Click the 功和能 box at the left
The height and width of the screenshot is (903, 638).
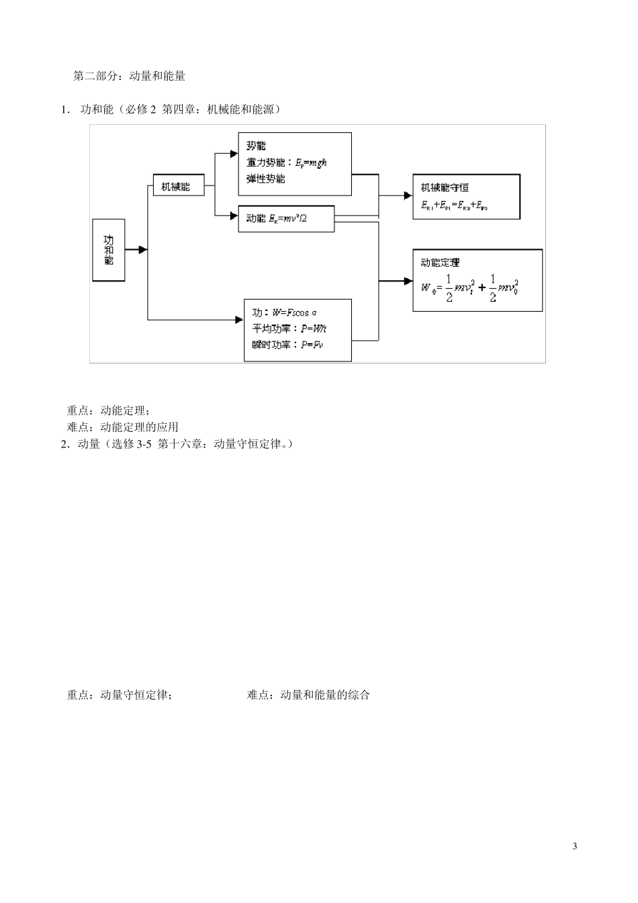[x=108, y=250]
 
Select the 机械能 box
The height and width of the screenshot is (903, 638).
[x=178, y=187]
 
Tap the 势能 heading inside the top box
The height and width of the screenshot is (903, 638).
[x=256, y=146]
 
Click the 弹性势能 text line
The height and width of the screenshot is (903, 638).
[x=266, y=179]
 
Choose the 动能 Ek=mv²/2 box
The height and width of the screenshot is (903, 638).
[x=286, y=219]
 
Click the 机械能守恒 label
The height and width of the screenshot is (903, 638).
[x=445, y=187]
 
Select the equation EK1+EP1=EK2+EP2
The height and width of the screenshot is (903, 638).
[x=454, y=205]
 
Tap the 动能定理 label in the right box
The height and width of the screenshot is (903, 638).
[x=441, y=263]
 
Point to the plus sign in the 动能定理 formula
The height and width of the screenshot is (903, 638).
[x=482, y=288]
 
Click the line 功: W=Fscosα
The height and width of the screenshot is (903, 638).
[x=285, y=313]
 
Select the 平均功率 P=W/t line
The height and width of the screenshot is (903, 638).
[x=289, y=329]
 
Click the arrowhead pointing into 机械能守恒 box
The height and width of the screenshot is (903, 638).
[x=408, y=196]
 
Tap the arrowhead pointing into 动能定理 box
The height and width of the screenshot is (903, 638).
[x=408, y=280]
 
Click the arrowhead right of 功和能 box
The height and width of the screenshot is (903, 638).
[x=142, y=250]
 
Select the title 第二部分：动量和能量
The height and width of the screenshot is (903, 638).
[x=129, y=76]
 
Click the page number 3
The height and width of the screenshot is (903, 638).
[x=574, y=846]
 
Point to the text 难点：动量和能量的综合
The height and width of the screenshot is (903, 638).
[x=308, y=695]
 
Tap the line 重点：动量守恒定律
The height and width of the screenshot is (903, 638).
[x=119, y=695]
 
